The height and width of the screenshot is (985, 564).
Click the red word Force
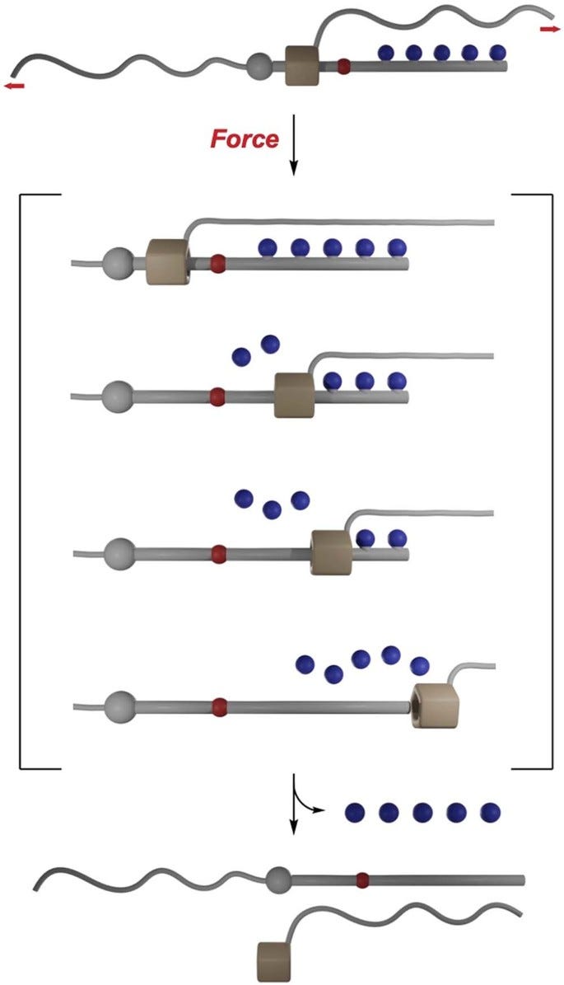click(x=245, y=139)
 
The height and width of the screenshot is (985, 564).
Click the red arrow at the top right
click(x=549, y=30)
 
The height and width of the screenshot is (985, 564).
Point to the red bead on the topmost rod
click(x=344, y=65)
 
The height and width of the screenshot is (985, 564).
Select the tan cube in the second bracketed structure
click(x=296, y=394)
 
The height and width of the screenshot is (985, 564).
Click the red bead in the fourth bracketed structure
click(x=219, y=706)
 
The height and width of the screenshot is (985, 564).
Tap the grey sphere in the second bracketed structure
click(x=119, y=396)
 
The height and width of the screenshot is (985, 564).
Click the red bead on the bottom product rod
click(x=362, y=880)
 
